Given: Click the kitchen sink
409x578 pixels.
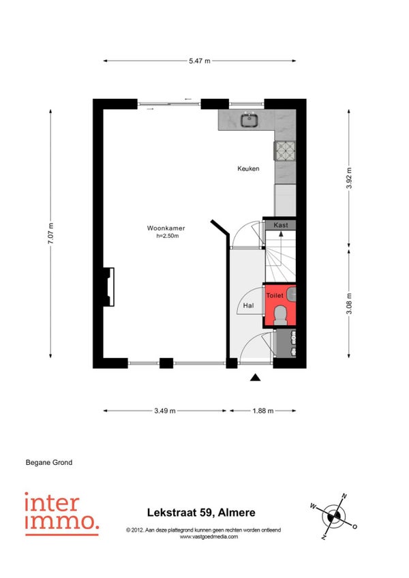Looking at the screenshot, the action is point(250,120).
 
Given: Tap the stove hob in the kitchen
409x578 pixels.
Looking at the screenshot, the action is point(285,151).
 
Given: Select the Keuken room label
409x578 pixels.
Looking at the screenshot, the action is point(248,168).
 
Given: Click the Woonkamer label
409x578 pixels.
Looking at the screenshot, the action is point(166,228).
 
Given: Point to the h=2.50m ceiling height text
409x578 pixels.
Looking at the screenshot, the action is point(168,236).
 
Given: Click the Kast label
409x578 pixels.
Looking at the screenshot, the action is point(281,225).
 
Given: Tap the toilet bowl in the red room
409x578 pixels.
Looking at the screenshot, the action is point(281,315).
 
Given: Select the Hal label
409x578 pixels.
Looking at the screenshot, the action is point(248,305).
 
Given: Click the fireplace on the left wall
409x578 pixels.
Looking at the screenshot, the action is point(109,287).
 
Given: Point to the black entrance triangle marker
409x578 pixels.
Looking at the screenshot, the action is point(255,378).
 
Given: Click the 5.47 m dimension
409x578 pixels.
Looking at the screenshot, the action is point(200,61).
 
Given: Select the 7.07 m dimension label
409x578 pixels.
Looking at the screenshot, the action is point(50,233).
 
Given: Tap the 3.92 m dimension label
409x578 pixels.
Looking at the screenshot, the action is point(349,178).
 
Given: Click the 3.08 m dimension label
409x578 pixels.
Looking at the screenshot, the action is point(349,304).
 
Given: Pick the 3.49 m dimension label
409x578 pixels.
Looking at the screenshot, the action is point(165,410).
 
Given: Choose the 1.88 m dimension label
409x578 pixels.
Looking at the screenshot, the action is point(263,410).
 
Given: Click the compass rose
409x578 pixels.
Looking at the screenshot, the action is point(334,517).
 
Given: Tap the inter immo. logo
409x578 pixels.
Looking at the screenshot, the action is point(61,514).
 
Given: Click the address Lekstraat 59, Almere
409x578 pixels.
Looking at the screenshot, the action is point(201,513).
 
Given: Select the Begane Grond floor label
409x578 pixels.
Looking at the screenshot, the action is point(49,462).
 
